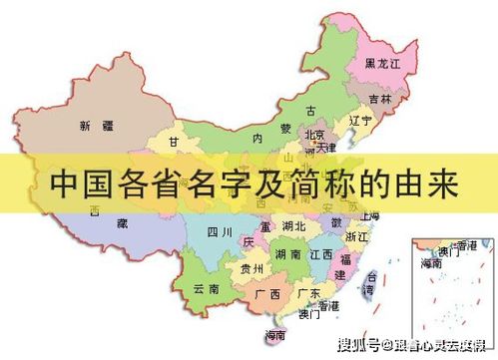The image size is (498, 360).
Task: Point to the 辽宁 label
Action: [359, 121]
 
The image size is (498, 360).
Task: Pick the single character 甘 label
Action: [175, 143]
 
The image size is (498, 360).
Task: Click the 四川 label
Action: [220, 232]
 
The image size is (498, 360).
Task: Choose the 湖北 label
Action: [293, 226]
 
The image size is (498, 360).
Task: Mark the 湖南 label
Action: [289, 255]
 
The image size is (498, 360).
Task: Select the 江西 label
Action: [322, 255]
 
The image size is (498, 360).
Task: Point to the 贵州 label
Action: [251, 269]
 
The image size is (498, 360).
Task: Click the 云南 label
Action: [207, 288]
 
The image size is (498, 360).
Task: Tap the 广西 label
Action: [266, 294]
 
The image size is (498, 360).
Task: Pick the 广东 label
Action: [308, 294]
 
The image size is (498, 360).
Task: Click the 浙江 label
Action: [356, 238]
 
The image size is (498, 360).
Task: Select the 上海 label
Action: [369, 215]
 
